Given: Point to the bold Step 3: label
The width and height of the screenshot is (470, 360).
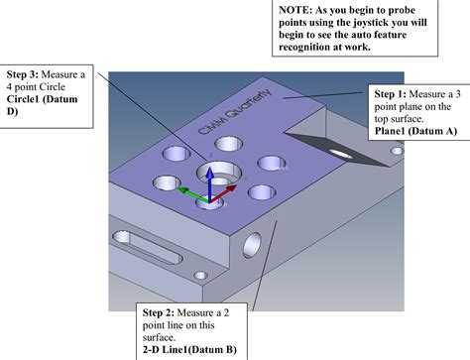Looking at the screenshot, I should coord(25,74).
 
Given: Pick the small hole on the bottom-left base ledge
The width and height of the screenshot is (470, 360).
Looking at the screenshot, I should coord(201,275).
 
